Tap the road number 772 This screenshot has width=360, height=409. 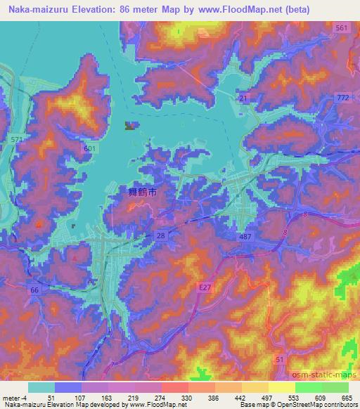tap(343, 98)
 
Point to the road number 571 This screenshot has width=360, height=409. tap(17, 141)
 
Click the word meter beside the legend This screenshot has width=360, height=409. tap(11, 397)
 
